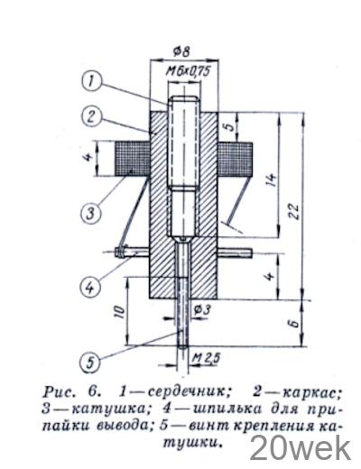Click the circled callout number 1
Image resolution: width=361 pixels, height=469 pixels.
91,81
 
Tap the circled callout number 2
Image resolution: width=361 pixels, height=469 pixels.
91,116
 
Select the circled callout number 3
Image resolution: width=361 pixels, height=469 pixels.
91,214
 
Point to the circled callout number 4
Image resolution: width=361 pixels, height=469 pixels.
90,288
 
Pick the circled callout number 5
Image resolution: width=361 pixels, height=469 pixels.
90,363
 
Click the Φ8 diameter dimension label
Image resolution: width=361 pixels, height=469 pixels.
181,51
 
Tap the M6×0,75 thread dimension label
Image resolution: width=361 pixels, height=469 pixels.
188,71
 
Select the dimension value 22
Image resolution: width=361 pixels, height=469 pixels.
293,212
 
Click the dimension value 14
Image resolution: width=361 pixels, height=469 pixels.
272,179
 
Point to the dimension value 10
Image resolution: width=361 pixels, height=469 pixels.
119,313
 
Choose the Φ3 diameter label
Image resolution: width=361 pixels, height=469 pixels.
202,309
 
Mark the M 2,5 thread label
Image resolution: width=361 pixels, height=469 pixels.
207,358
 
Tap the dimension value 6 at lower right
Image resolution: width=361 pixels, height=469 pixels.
295,323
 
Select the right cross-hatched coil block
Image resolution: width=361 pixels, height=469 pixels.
235,160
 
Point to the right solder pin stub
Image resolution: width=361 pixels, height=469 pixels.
235,253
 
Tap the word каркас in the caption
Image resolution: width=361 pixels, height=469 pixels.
314,391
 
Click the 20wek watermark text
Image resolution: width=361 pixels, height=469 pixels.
301,448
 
